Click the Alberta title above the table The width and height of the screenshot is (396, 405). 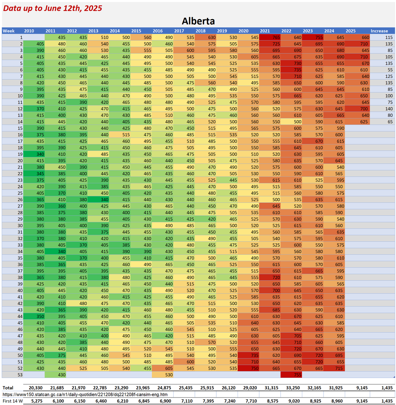coord(198,21)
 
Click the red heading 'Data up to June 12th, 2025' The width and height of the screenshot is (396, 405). coord(53,8)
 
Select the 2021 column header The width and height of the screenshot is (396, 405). coord(265,31)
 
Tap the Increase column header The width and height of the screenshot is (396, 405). coord(379,31)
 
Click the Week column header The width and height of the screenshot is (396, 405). coord(8,31)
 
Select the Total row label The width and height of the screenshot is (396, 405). coord(8,388)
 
